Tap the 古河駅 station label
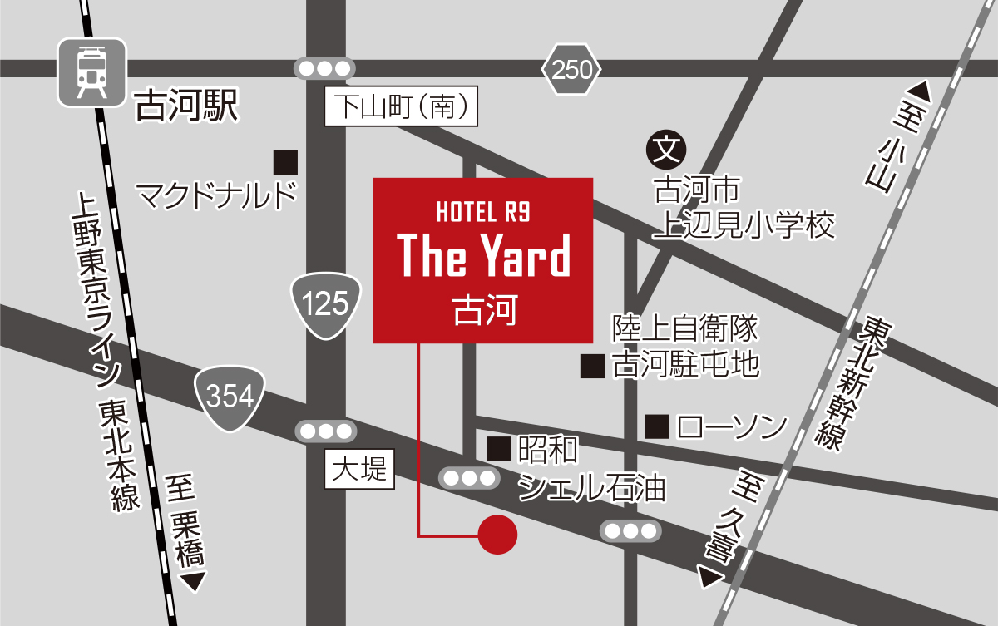tap(187, 107)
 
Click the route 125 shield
tap(326, 305)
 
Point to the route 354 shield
tap(230, 398)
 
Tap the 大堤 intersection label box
tap(359, 471)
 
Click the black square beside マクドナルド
tap(285, 161)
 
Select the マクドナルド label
tap(216, 196)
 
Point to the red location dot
tap(498, 534)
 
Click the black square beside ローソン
tap(657, 427)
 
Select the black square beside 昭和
tap(499, 449)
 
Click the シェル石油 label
tap(591, 489)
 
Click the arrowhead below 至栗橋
tap(193, 581)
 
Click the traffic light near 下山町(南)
tap(325, 69)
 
